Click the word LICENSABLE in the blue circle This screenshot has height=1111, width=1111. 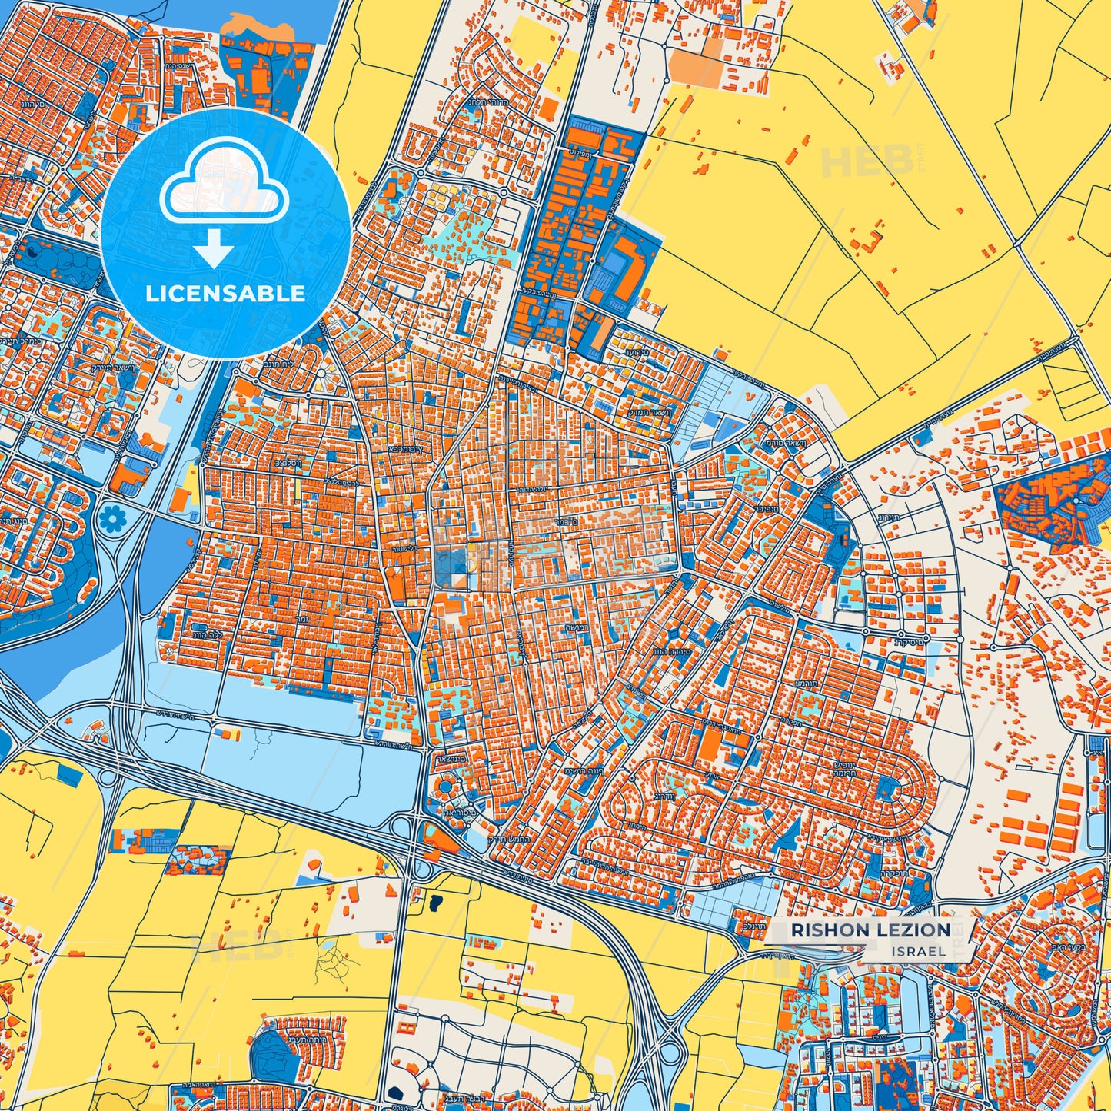click(x=225, y=294)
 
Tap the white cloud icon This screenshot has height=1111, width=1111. click(x=224, y=185)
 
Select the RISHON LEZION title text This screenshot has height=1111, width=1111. click(x=870, y=930)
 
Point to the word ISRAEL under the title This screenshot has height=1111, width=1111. click(x=920, y=952)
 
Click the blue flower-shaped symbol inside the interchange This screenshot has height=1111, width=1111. click(x=111, y=521)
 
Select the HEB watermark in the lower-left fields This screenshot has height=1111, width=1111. click(x=238, y=946)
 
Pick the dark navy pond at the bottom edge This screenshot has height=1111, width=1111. click(x=397, y=1093)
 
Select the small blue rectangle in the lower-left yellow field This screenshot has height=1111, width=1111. click(x=70, y=777)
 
